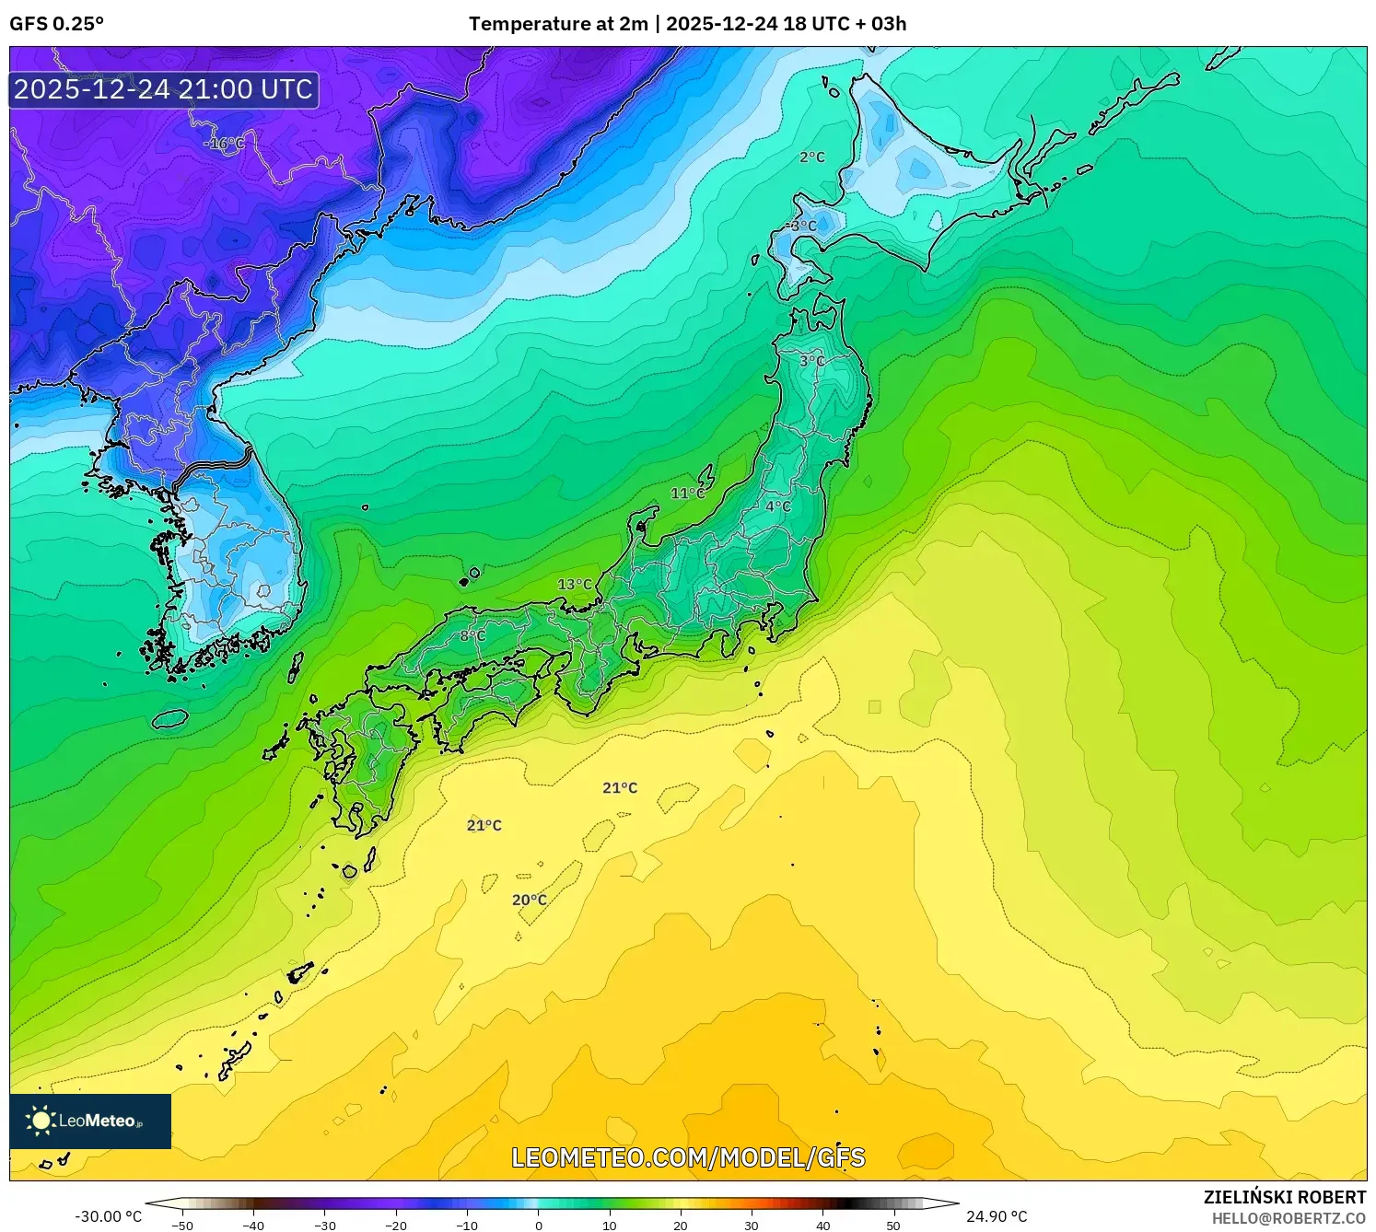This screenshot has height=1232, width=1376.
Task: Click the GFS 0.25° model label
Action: click(x=56, y=24)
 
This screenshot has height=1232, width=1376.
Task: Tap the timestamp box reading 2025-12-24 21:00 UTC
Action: click(x=164, y=89)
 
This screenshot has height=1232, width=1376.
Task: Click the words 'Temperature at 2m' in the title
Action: click(x=558, y=24)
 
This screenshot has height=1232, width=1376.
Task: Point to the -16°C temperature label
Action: click(x=224, y=144)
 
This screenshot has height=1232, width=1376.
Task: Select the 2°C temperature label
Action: click(x=812, y=157)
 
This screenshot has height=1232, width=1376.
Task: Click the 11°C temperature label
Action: click(x=687, y=494)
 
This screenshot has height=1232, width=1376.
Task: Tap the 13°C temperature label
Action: click(x=575, y=585)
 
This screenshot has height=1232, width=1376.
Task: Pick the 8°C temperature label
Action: click(x=472, y=636)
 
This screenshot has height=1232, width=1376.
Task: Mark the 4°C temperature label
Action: click(x=778, y=506)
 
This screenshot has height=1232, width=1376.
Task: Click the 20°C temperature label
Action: click(x=530, y=901)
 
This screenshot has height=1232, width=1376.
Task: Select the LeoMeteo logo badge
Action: click(x=90, y=1121)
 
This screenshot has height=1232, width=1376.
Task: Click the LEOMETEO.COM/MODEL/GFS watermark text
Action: click(x=688, y=1157)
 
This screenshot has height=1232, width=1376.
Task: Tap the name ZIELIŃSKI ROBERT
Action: click(x=1285, y=1197)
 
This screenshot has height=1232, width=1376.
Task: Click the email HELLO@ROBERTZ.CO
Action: click(x=1289, y=1218)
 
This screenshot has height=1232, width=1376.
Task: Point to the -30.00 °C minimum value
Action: click(x=109, y=1216)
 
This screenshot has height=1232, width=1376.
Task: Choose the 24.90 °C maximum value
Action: click(x=997, y=1216)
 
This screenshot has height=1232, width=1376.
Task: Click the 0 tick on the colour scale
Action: click(x=539, y=1226)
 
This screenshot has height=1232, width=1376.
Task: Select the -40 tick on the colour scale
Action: click(x=253, y=1226)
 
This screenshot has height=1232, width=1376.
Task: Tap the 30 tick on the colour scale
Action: click(x=752, y=1226)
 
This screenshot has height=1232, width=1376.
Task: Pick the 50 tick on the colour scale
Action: click(x=893, y=1226)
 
